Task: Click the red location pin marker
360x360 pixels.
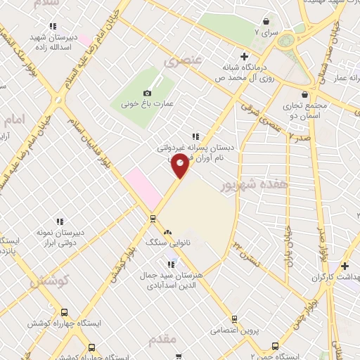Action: click(x=181, y=166)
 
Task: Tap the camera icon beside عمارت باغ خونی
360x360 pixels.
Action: click(x=147, y=93)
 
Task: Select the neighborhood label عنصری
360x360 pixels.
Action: click(x=183, y=61)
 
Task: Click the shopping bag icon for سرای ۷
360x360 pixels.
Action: click(x=266, y=21)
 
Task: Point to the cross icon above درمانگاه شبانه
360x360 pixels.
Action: click(x=244, y=56)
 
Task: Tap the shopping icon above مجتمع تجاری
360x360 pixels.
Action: click(x=304, y=94)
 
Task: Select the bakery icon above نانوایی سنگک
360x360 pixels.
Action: click(x=167, y=232)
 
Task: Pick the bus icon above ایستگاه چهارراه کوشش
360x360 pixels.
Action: click(x=65, y=313)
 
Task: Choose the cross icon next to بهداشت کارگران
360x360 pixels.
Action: click(x=345, y=266)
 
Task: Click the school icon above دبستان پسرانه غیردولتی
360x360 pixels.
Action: click(x=195, y=137)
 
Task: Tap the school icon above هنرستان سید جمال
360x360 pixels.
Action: click(x=171, y=264)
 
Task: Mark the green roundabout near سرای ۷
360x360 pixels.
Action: click(x=286, y=41)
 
